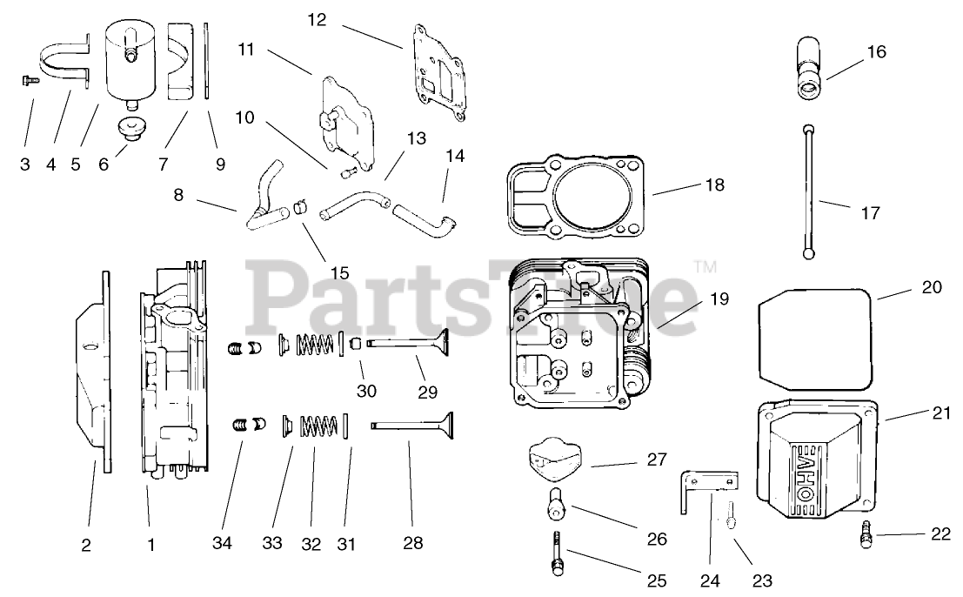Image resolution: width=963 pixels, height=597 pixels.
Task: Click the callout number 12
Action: (x=317, y=19)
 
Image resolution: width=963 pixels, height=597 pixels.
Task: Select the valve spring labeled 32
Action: (x=318, y=427)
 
